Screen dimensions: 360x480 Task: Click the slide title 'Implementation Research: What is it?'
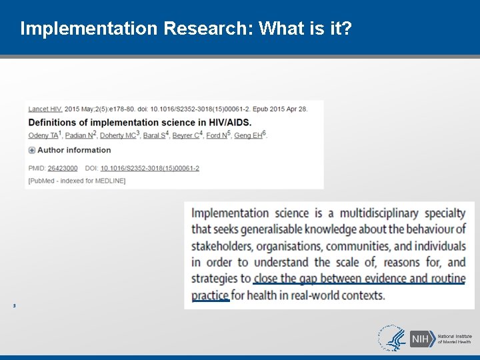tap(187, 29)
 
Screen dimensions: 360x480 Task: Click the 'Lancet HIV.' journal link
tap(45, 109)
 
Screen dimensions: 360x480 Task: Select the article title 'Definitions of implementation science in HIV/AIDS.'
tap(139, 123)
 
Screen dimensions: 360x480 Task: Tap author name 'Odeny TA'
tap(43, 136)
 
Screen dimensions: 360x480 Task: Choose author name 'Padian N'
tap(79, 136)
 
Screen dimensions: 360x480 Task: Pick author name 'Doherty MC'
tap(119, 136)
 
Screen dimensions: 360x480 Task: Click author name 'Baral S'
tap(154, 136)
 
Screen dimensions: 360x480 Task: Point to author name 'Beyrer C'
tap(185, 136)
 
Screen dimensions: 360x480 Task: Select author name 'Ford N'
tap(217, 136)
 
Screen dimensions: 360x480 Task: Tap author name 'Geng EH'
tap(248, 136)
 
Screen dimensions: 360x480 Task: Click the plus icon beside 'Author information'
tap(32, 151)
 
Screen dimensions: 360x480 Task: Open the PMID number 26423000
tap(62, 169)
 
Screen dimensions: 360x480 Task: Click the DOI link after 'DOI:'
tap(149, 169)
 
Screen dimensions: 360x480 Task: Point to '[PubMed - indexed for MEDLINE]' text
tap(77, 181)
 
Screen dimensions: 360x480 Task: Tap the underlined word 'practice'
tap(210, 295)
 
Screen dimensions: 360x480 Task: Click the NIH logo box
tap(420, 339)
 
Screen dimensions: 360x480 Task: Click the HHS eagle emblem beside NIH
tap(393, 338)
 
